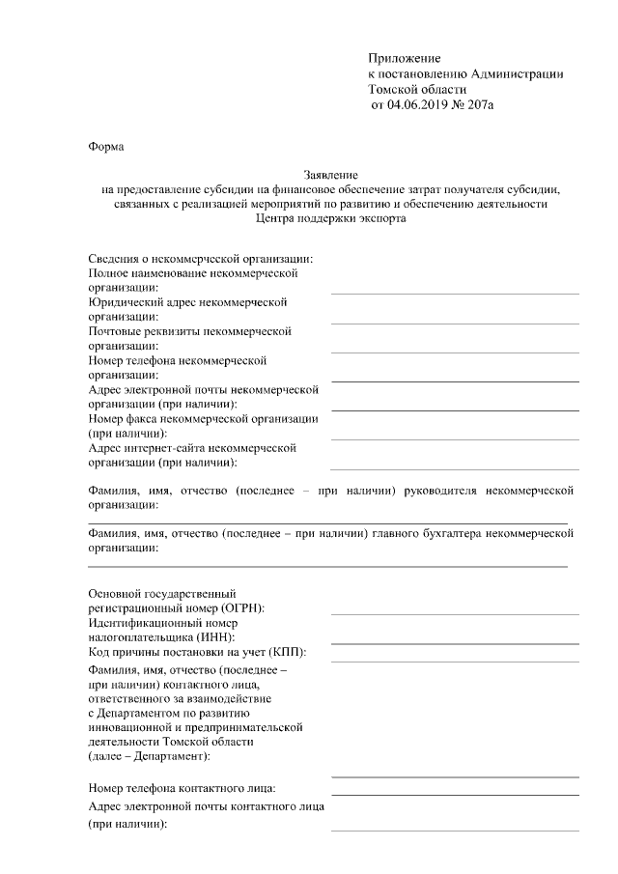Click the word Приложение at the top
[x=404, y=59]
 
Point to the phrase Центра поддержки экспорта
[x=331, y=218]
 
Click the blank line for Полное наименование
[x=455, y=292]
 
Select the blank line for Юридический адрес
[x=455, y=322]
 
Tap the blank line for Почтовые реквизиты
[x=455, y=351]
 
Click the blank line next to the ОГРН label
[x=455, y=613]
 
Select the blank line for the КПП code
[x=455, y=661]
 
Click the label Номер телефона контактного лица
[x=182, y=790]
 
